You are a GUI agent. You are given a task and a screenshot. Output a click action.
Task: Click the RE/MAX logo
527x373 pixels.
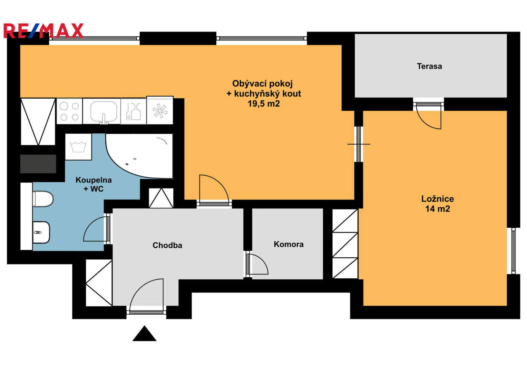pos(43,31)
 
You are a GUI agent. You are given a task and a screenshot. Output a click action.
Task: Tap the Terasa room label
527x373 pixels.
pos(429,66)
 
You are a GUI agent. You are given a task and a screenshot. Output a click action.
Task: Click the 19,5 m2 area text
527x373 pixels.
pos(264,104)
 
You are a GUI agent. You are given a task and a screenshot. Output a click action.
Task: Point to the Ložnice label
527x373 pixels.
pos(438,199)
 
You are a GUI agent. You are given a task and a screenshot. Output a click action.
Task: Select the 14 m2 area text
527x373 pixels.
pos(438,209)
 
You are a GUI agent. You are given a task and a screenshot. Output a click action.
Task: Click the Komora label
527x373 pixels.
pos(289,244)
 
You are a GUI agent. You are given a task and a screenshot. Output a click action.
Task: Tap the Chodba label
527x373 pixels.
pos(167,245)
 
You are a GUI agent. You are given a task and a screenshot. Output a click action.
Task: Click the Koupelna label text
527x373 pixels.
pos(94,180)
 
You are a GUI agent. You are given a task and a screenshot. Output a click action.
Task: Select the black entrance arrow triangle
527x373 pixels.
pos(144,333)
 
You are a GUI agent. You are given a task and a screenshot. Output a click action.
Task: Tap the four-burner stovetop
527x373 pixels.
pos(69,111)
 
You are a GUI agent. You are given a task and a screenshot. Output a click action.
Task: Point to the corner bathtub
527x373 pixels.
pos(139,155)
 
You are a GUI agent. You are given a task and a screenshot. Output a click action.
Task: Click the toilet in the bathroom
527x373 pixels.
pos(43,199)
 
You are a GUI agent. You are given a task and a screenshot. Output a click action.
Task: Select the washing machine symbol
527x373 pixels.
pos(78,147)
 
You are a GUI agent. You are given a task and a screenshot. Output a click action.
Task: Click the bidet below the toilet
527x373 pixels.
pos(41,232)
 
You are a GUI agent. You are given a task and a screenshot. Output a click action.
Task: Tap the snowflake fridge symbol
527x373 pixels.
pos(160,110)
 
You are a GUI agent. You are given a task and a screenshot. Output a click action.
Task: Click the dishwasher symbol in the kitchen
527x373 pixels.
pos(134,111)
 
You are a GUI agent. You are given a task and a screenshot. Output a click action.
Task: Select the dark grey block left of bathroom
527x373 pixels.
pos(38,164)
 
